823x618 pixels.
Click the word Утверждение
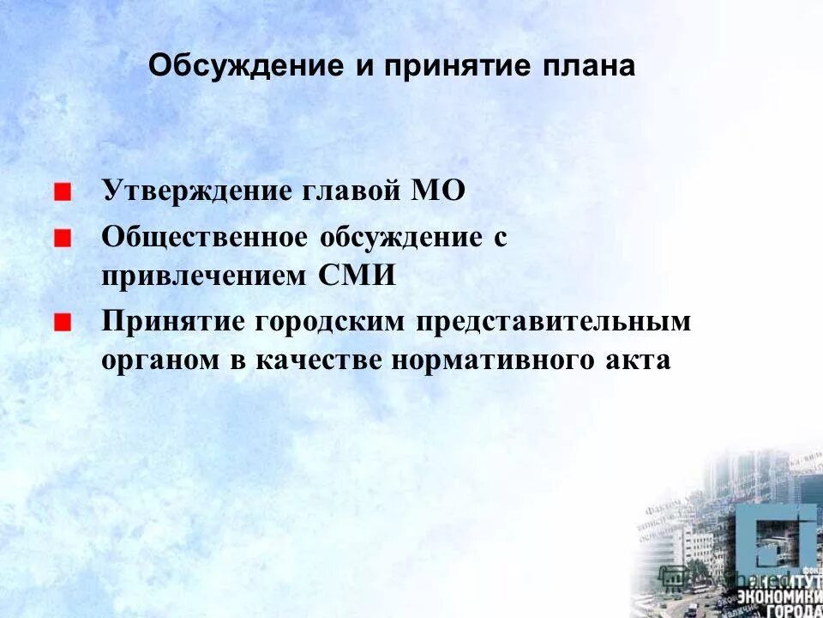[195, 191]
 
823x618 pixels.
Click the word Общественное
[204, 237]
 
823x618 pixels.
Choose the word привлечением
[203, 276]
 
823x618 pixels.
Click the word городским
[327, 322]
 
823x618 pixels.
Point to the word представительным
[554, 322]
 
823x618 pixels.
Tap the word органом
[157, 360]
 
